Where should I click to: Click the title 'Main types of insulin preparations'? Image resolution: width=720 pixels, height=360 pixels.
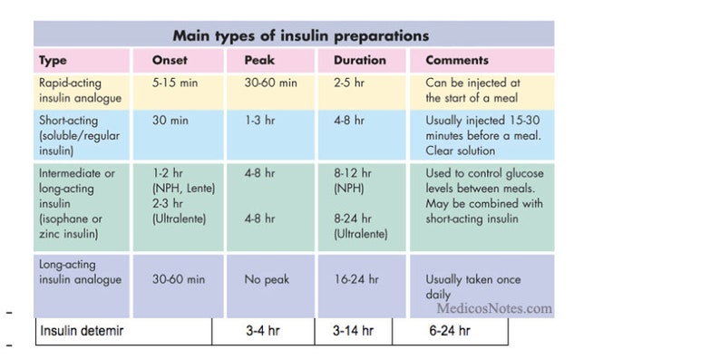pos(301,35)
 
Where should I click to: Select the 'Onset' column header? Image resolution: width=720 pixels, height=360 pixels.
pos(170,60)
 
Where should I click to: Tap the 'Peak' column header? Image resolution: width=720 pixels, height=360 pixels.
pos(259,60)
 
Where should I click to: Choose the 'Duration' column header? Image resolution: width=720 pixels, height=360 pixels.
pos(359,60)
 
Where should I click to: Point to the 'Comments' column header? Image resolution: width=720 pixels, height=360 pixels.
pos(457,60)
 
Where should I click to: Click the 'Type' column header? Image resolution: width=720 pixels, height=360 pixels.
pos(53,61)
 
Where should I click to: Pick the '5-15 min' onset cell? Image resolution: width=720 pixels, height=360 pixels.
pos(169,83)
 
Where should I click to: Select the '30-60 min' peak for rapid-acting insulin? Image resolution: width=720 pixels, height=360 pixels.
pos(270,83)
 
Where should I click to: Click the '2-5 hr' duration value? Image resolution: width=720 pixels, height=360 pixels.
pos(348,83)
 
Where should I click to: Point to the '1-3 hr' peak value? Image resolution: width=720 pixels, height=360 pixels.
pos(259,121)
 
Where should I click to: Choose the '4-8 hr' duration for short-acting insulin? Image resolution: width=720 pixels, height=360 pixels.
pos(348,121)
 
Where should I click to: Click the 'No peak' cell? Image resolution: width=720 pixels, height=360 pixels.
pos(267,279)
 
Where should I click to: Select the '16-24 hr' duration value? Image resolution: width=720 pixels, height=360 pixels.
pos(355,279)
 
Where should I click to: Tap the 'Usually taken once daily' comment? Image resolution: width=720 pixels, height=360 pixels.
pos(473,287)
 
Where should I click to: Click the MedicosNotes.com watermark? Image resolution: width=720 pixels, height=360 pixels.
pos(494,308)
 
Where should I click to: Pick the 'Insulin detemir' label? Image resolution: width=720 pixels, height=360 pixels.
pos(82,331)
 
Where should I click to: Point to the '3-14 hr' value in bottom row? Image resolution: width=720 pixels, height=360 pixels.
pos(353,331)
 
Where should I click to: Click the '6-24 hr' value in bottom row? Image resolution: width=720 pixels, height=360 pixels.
pos(450,331)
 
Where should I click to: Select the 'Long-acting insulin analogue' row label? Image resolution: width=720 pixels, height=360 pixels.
pos(81,272)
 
